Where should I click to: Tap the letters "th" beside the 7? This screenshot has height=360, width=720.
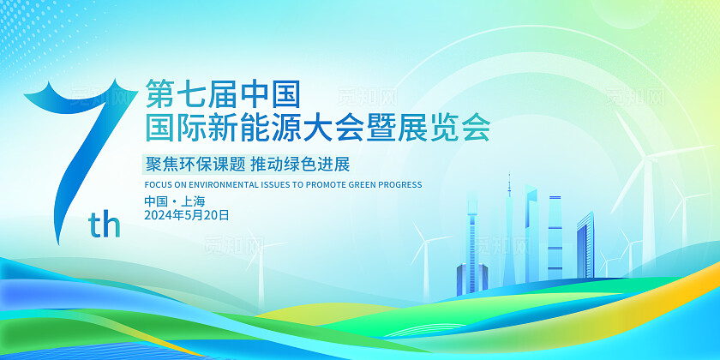pos(105,225)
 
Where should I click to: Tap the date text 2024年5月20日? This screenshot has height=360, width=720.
pos(187,215)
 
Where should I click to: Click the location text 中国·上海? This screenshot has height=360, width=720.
pos(175,201)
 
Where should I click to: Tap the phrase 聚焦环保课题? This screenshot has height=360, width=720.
pos(195,164)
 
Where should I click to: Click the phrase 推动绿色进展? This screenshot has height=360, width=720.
pos(300,164)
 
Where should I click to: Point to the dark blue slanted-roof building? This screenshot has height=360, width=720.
pos(585,246)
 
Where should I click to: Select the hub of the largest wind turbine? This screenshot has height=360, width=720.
pos(646,159)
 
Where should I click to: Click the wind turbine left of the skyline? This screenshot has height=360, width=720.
pos(427,257)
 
